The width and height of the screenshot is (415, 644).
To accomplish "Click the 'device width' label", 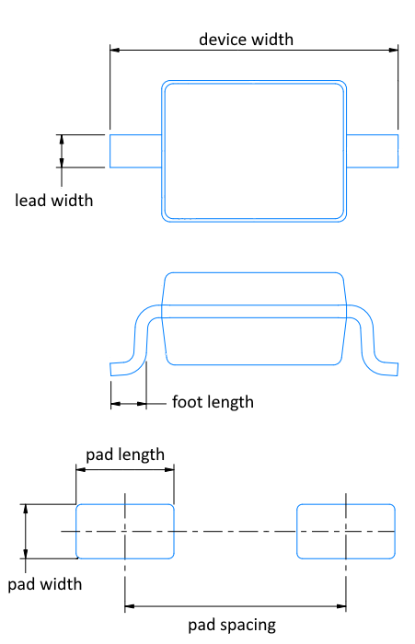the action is coord(246,40).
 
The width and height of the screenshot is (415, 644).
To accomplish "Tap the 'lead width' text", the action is coord(53,201).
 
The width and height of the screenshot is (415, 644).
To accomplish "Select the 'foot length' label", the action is coord(213,402).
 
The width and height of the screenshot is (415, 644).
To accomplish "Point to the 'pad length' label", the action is coord(125,454).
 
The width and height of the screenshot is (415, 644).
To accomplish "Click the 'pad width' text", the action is coord(45,584).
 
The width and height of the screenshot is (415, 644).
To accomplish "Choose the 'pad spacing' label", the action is coord(232,626).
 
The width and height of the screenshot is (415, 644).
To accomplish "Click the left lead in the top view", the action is coord(135,151).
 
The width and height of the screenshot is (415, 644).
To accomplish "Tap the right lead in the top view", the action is coord(373,151).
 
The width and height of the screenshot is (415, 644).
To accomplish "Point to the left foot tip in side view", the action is coord(110,369).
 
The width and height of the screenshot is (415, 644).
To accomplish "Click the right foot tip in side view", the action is coord(398,369).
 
